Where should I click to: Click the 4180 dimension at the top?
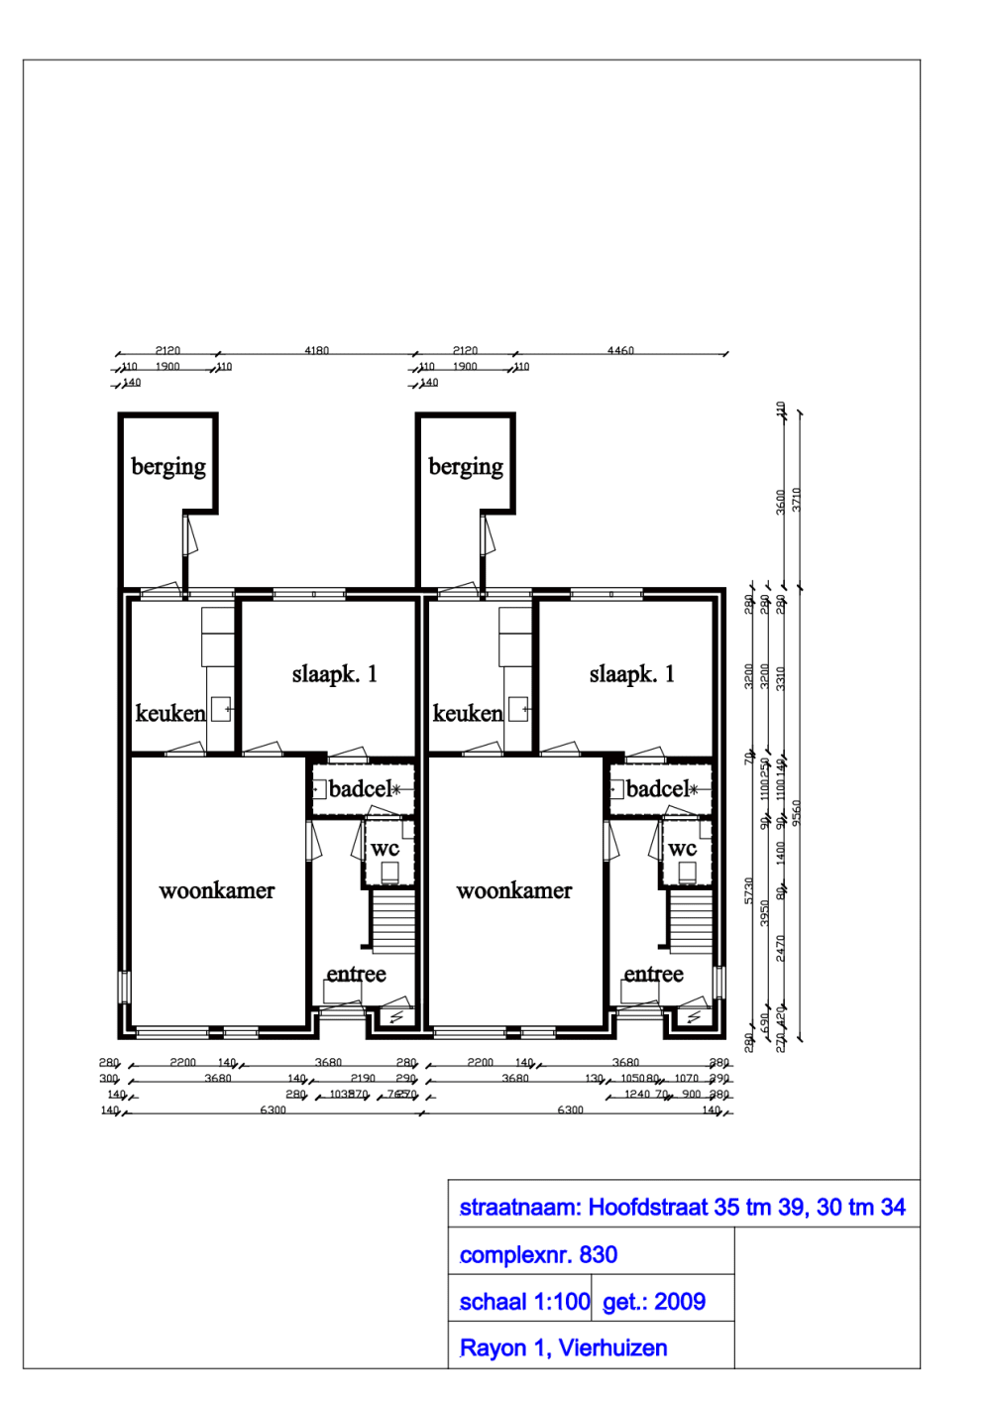pyautogui.click(x=316, y=350)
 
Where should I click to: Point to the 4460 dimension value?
pyautogui.click(x=620, y=350)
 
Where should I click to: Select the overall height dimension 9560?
pyautogui.click(x=797, y=812)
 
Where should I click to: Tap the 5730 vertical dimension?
pyautogui.click(x=749, y=889)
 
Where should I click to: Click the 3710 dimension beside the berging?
pyautogui.click(x=797, y=500)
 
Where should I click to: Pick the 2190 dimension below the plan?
pyautogui.click(x=363, y=1078)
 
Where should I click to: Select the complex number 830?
pyautogui.click(x=598, y=1254)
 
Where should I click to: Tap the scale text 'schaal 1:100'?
pyautogui.click(x=524, y=1302)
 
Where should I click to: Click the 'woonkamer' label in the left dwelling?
pyautogui.click(x=217, y=890)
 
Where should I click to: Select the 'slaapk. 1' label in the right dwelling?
pyautogui.click(x=631, y=674)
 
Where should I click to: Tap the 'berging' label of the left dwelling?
pyautogui.click(x=168, y=466)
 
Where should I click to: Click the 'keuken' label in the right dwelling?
pyautogui.click(x=468, y=713)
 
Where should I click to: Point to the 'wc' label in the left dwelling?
pyautogui.click(x=385, y=848)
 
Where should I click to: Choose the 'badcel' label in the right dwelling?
pyautogui.click(x=657, y=789)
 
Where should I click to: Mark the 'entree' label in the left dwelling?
pyautogui.click(x=356, y=974)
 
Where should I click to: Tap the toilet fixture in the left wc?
pyautogui.click(x=389, y=873)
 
